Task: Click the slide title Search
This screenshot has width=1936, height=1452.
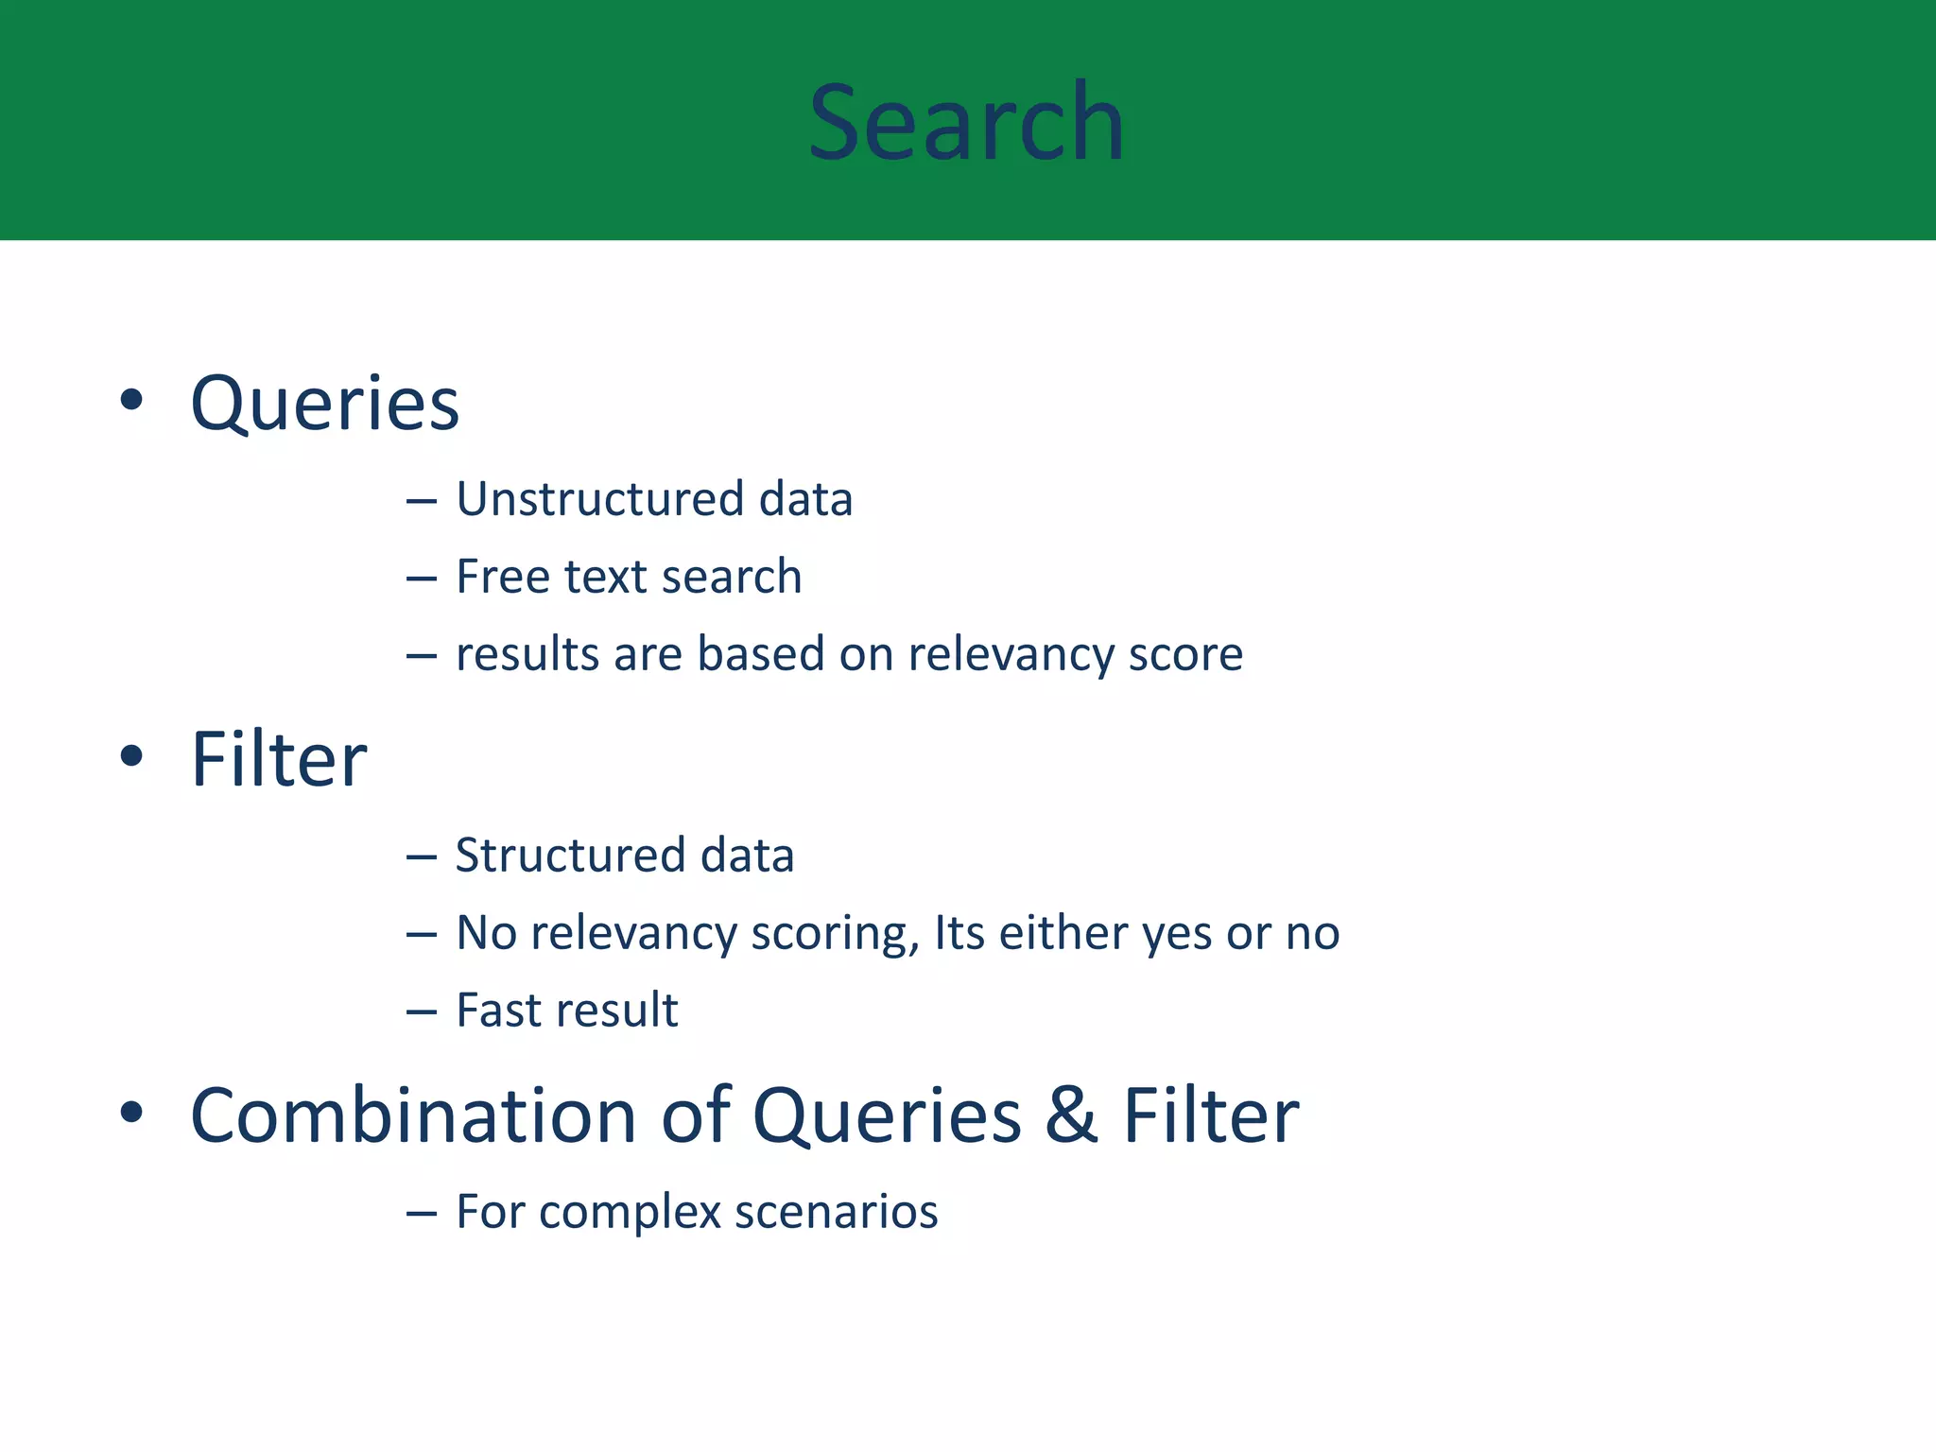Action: pyautogui.click(x=966, y=123)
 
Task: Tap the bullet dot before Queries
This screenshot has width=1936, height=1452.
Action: pyautogui.click(x=131, y=399)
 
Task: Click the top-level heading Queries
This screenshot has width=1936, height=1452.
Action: pyautogui.click(x=324, y=405)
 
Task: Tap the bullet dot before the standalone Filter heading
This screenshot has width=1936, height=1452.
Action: pyautogui.click(x=131, y=755)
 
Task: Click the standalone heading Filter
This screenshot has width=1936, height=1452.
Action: pyautogui.click(x=278, y=760)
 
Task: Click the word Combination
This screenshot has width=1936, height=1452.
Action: pyautogui.click(x=413, y=1116)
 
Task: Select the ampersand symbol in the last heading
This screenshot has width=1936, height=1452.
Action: pyautogui.click(x=1071, y=1116)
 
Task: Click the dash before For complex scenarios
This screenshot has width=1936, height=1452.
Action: pyautogui.click(x=421, y=1213)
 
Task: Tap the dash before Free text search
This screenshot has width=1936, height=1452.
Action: pyautogui.click(x=421, y=578)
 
